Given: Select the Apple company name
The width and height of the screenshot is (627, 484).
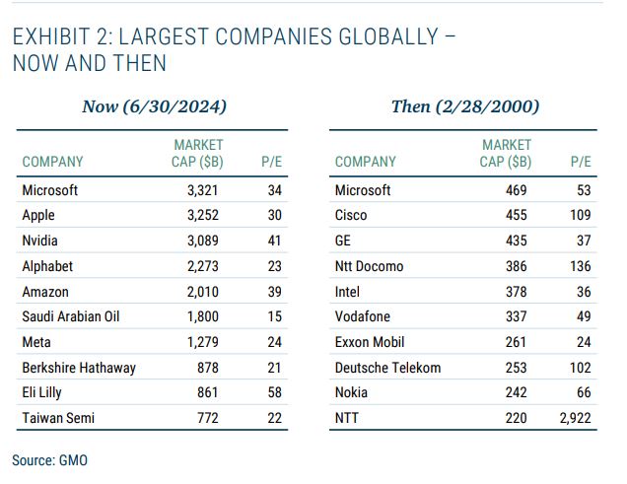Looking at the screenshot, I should click(x=38, y=215).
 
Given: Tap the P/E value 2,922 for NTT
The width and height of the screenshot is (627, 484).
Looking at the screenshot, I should click(x=573, y=419).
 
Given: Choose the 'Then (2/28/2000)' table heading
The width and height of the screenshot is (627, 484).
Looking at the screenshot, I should click(x=465, y=106).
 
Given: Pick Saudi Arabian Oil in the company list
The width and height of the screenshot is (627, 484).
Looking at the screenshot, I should click(x=70, y=316).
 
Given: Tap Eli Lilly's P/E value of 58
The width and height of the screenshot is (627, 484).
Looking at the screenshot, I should click(x=274, y=393).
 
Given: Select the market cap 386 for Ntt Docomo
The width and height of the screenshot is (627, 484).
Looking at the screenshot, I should click(x=517, y=266).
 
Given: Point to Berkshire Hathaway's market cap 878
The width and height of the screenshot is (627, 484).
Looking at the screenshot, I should click(x=207, y=368).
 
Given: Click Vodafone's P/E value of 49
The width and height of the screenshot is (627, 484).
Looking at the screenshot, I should click(x=583, y=316).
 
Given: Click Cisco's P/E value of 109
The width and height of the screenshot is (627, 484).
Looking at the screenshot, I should click(x=580, y=215).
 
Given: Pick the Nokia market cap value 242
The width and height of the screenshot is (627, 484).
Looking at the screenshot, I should click(x=517, y=393).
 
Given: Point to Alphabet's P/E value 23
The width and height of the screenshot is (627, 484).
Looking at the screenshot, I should click(x=274, y=266).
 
